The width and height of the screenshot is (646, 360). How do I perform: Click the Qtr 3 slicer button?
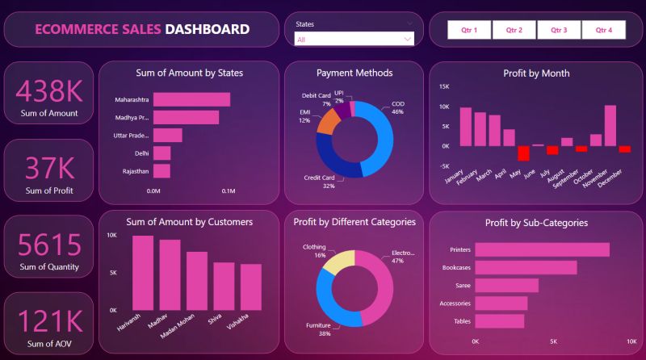[559, 30]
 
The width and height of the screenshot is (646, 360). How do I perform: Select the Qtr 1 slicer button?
[469, 30]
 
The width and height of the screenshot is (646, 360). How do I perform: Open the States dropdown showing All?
[354, 39]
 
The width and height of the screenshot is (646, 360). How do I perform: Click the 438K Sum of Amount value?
[48, 90]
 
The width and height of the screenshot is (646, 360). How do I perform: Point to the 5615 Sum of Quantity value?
[48, 245]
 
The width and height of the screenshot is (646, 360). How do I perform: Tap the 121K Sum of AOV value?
[48, 322]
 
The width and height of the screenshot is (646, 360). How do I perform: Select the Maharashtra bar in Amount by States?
[191, 99]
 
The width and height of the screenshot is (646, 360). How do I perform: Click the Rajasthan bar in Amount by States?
[161, 171]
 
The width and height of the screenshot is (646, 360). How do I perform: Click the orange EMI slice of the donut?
[328, 121]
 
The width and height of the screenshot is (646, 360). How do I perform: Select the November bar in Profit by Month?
[610, 125]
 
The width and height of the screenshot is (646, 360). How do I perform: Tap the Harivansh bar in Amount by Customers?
[143, 273]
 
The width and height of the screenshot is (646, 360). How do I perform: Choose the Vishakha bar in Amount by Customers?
[250, 287]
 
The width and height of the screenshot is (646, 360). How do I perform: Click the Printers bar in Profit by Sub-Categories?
[542, 249]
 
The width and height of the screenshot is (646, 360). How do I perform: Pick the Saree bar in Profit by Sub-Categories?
[506, 285]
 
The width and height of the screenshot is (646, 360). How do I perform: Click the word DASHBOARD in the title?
[207, 30]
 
